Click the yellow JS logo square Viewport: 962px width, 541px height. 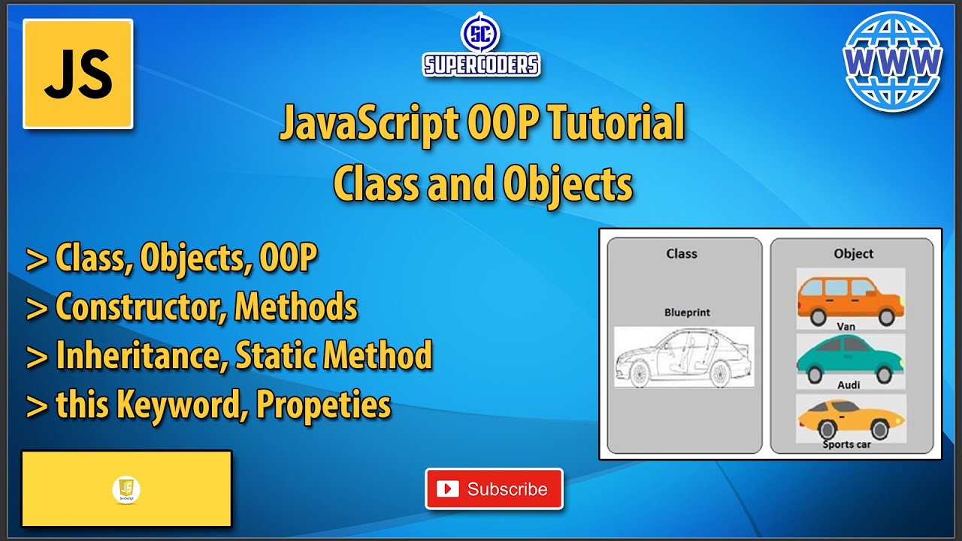pyautogui.click(x=78, y=74)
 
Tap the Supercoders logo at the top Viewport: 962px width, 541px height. pyautogui.click(x=481, y=45)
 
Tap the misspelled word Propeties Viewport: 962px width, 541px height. pyautogui.click(x=324, y=405)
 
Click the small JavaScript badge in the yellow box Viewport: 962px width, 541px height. pyautogui.click(x=126, y=489)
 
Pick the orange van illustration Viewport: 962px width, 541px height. pyautogui.click(x=850, y=299)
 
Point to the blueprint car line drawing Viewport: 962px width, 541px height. pyautogui.click(x=683, y=358)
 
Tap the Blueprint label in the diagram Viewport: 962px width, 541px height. pyautogui.click(x=687, y=313)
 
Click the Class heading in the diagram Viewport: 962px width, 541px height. pyautogui.click(x=682, y=254)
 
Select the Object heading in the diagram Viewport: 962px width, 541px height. pyautogui.click(x=853, y=254)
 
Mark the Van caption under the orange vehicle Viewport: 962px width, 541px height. pyautogui.click(x=846, y=327)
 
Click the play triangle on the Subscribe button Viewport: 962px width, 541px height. pyautogui.click(x=448, y=489)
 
